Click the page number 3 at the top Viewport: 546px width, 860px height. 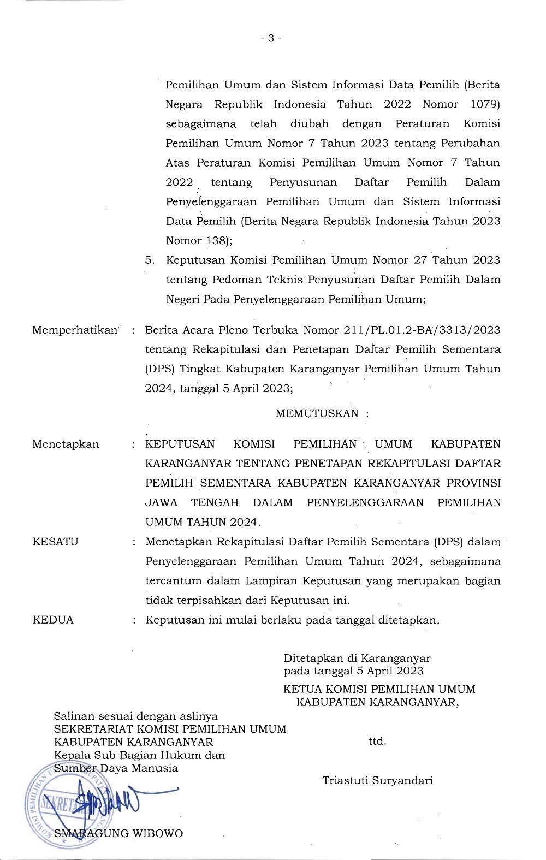click(271, 38)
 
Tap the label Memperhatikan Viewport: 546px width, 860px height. click(75, 330)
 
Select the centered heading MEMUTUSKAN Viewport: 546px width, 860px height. click(317, 413)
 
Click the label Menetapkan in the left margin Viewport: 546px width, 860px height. click(66, 444)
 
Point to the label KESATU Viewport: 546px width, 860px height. click(56, 542)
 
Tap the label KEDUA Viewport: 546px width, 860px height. click(53, 620)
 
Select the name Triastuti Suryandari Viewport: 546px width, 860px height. click(377, 780)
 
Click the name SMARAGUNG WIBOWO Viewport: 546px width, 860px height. click(118, 833)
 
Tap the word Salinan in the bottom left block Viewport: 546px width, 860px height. click(72, 716)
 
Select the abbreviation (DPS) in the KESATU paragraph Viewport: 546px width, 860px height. click(449, 542)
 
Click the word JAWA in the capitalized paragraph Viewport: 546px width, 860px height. click(161, 502)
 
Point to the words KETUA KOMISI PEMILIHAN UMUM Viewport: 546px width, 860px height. click(379, 689)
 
